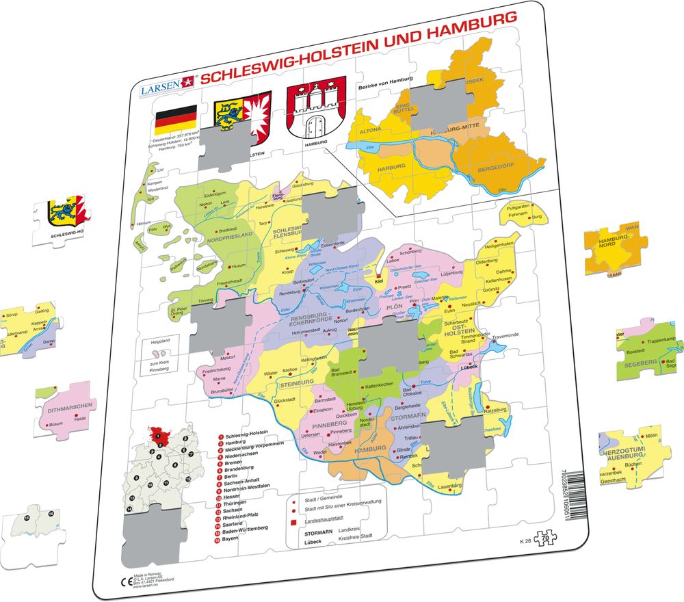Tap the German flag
tap(175, 120)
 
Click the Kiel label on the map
tap(378, 280)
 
